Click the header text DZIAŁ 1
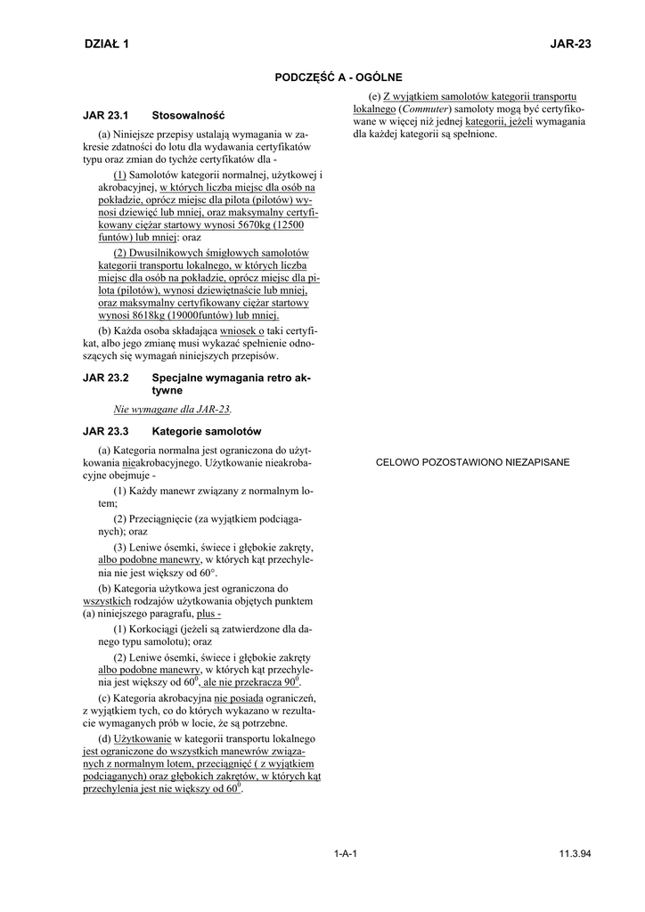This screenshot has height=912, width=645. (x=106, y=44)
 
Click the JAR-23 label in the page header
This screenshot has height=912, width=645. (x=571, y=44)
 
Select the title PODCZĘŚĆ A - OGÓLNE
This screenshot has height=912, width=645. (x=339, y=77)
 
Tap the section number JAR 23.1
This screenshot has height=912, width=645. (x=106, y=116)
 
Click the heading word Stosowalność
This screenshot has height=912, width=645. (x=188, y=116)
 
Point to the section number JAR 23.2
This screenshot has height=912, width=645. (x=106, y=379)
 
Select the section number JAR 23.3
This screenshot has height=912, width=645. (x=106, y=431)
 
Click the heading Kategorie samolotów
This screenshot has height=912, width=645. (x=207, y=431)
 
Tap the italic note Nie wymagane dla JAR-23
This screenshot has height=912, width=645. (x=173, y=409)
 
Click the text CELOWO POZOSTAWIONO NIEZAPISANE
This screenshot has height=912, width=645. (x=473, y=462)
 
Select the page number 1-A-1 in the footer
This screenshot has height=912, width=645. (x=346, y=853)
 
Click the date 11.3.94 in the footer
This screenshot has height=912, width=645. (x=576, y=853)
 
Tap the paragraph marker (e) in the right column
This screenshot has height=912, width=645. (x=375, y=95)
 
